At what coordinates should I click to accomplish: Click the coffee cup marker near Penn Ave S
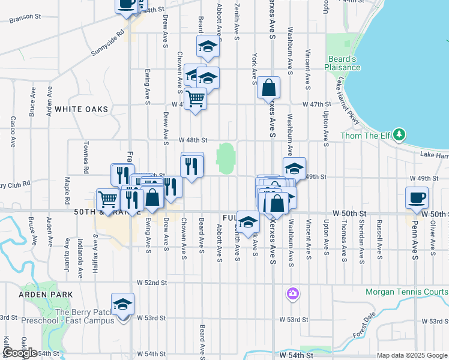click(x=416, y=197)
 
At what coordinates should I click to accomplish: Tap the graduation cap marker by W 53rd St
click(x=122, y=304)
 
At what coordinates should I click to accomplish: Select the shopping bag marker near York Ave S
click(x=268, y=87)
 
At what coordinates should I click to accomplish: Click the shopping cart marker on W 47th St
click(x=195, y=97)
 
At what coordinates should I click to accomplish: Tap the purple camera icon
click(x=292, y=293)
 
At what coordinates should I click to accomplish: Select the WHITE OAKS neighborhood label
click(x=81, y=109)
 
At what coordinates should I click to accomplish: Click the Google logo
click(x=20, y=353)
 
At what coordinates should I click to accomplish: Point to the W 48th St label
click(x=193, y=140)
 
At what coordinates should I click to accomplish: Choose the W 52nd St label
click(x=151, y=282)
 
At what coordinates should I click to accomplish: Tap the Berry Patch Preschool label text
click(x=84, y=316)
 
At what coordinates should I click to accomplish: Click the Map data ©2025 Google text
click(x=412, y=355)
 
